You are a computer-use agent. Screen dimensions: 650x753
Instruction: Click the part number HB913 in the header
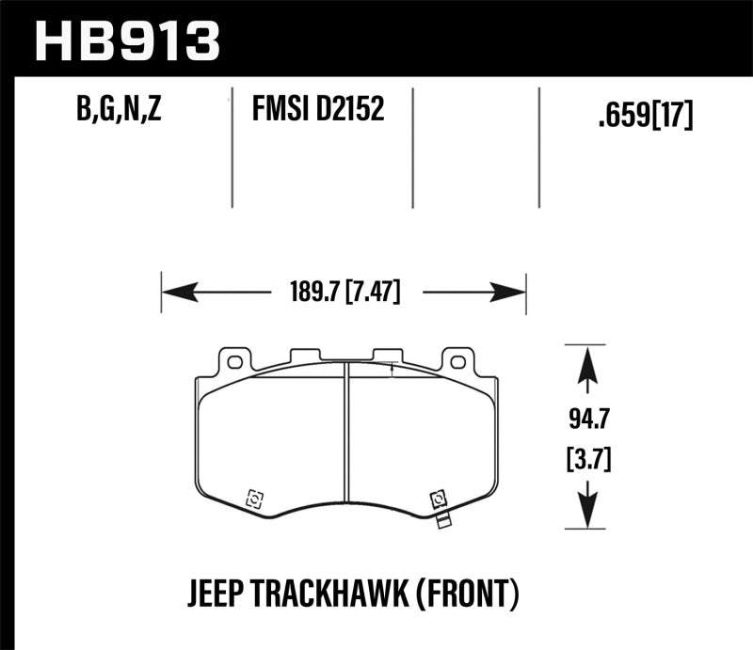pyautogui.click(x=126, y=40)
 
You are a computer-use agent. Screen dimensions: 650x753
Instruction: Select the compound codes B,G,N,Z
pyautogui.click(x=120, y=112)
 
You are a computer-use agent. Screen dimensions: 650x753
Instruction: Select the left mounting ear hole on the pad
pyautogui.click(x=234, y=360)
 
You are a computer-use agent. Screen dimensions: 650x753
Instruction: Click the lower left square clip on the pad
pyautogui.click(x=252, y=499)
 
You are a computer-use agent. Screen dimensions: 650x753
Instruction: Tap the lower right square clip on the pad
pyautogui.click(x=437, y=499)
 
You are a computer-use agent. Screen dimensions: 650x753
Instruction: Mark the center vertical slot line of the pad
pyautogui.click(x=346, y=442)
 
